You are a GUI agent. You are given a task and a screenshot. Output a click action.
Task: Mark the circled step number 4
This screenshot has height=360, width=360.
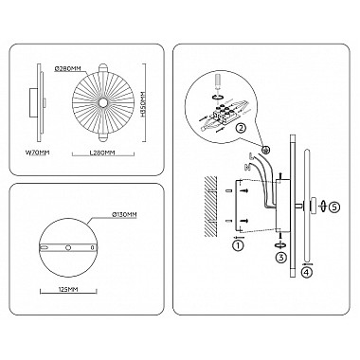click(x=306, y=273)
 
